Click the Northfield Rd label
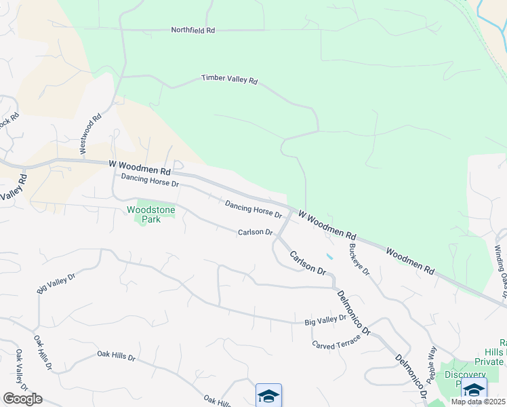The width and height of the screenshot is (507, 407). coord(192,31)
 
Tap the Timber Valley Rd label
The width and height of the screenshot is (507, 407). coord(230,79)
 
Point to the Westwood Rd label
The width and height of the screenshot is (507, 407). coord(89,133)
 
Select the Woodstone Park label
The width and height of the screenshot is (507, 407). coord(150,215)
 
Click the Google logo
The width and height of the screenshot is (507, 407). coord(22,399)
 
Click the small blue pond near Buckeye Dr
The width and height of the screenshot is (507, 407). coord(329,257)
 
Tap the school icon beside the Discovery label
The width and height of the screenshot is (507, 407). coord(474,392)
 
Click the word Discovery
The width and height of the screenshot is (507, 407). coord(465,375)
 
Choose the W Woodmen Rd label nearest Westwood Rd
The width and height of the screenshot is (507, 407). coord(140,166)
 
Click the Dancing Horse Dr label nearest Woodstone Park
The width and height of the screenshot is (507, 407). coord(150,180)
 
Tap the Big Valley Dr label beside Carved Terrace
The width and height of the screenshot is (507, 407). coord(325,318)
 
